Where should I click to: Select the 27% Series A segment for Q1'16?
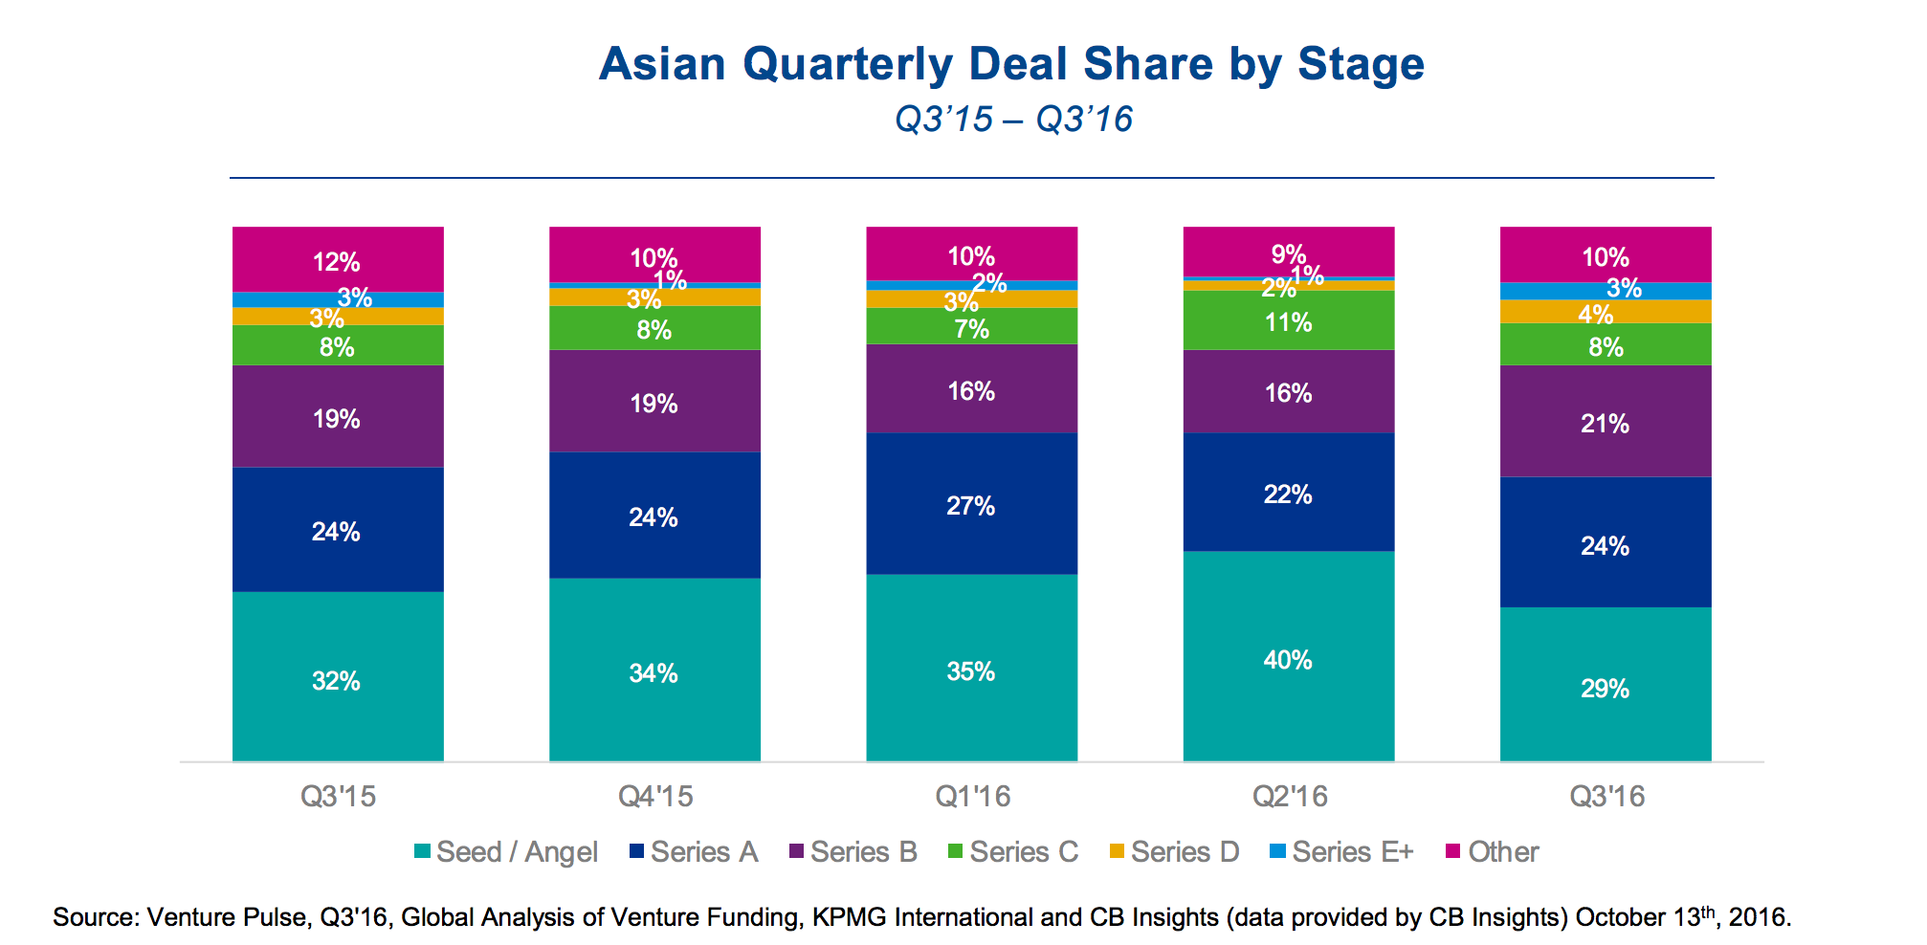click(971, 504)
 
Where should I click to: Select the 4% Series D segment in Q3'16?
click(1605, 312)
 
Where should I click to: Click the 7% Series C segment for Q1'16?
click(971, 327)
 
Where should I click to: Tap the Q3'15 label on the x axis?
click(338, 796)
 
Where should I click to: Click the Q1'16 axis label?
click(972, 796)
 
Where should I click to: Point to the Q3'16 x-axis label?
click(1606, 796)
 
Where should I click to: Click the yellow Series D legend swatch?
click(1117, 850)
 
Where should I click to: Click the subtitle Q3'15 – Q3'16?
click(1013, 120)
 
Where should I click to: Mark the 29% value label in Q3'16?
click(1605, 688)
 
